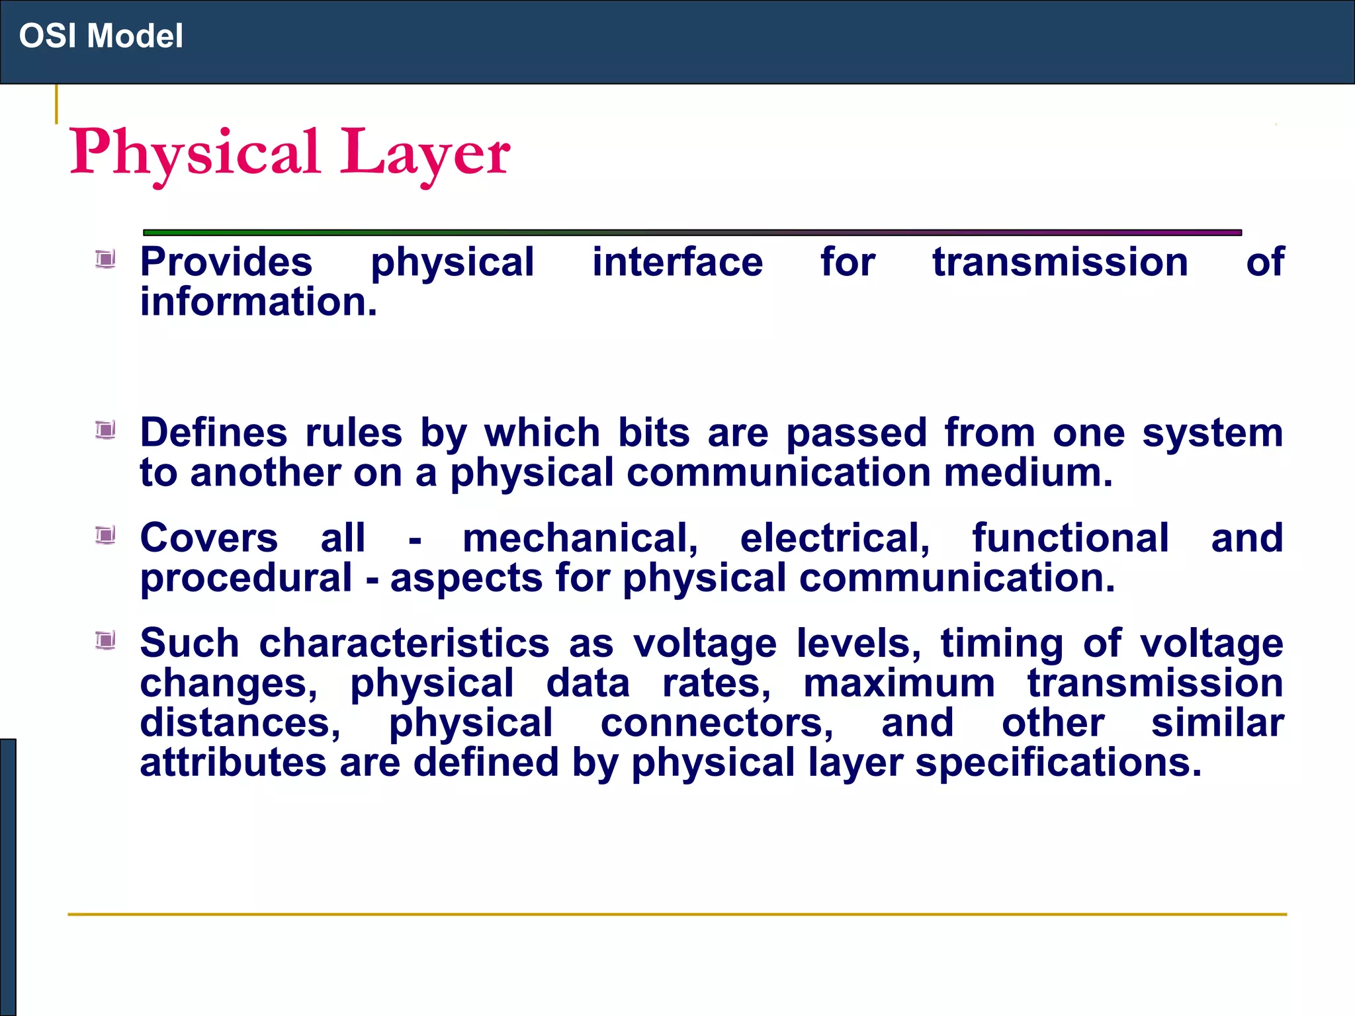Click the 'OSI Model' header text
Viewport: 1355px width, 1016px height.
point(101,36)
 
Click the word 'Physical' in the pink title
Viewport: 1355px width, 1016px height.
point(195,153)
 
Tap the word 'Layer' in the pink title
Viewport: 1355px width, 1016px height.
point(425,153)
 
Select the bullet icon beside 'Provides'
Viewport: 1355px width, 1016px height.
point(105,259)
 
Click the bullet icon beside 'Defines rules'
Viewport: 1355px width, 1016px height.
point(105,431)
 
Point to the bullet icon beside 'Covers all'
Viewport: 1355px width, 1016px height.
point(105,534)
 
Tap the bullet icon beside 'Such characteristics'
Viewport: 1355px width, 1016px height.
point(105,640)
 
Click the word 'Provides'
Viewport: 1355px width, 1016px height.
point(226,262)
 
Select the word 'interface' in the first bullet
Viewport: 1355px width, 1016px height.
point(677,262)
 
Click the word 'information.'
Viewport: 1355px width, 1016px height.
point(259,302)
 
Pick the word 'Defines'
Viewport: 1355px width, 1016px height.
point(214,433)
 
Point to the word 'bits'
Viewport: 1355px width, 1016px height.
point(654,433)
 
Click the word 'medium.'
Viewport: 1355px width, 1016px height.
point(1028,472)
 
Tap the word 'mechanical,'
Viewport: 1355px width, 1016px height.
point(580,538)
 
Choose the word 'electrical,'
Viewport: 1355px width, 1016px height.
point(835,538)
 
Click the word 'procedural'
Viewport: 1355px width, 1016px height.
point(246,579)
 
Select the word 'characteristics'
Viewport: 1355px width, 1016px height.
point(404,643)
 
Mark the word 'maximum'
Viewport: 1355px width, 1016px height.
point(899,683)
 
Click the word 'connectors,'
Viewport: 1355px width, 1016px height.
point(717,722)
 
